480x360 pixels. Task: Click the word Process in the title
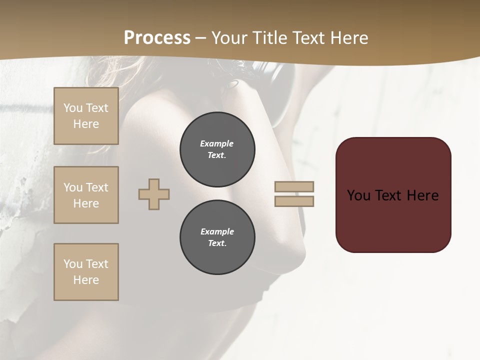pos(157,38)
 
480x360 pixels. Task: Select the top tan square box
pos(86,116)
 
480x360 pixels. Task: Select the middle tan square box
pos(86,195)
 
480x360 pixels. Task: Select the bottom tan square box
pos(86,272)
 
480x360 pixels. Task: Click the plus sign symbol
pos(154,194)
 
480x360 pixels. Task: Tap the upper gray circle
pos(217,149)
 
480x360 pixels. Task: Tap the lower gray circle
pos(217,237)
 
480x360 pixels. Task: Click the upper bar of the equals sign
pos(294,186)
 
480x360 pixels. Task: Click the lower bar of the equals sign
pos(294,201)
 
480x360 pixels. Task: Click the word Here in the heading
pos(348,38)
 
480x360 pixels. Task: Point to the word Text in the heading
pos(308,38)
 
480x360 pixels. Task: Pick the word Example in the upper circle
pos(217,143)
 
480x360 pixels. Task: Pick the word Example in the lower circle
pos(217,231)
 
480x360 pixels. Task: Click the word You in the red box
pos(359,195)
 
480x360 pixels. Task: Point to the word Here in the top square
pos(86,124)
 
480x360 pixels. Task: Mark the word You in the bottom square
pos(73,264)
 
